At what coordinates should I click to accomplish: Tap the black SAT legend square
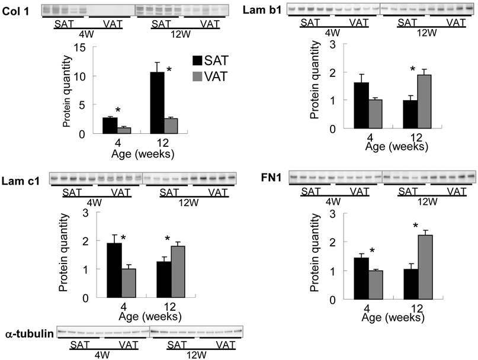click(x=201, y=60)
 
